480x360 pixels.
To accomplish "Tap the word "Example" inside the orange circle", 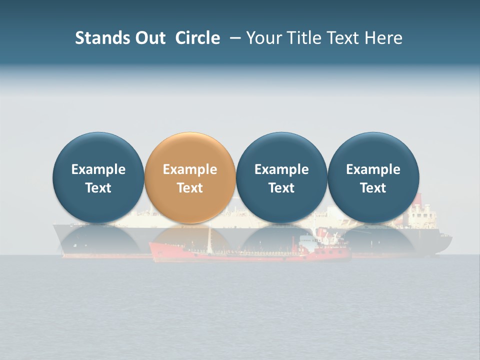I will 190,169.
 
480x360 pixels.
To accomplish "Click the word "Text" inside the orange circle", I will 190,188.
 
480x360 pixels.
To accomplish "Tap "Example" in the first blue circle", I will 98,169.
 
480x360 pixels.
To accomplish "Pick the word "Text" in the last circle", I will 373,188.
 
